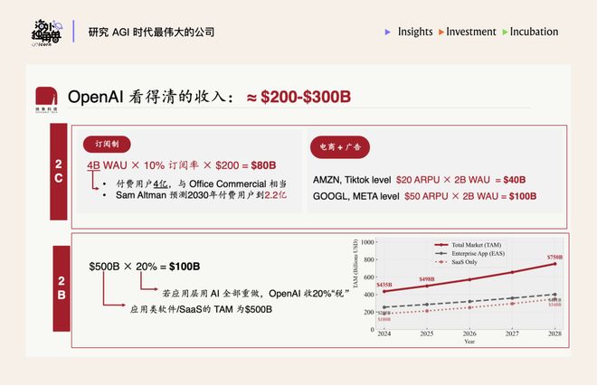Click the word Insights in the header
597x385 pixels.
[415, 32]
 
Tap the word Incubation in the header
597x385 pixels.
[534, 32]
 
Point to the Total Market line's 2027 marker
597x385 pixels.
[513, 272]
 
